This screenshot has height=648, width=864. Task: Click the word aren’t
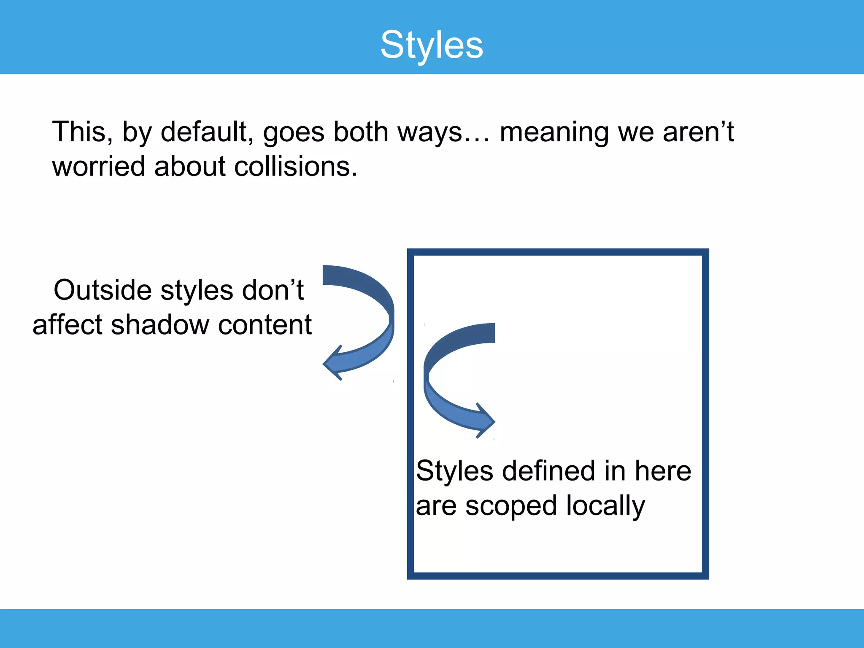click(698, 132)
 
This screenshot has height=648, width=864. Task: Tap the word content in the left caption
click(265, 325)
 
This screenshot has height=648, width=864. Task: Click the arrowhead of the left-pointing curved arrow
click(333, 363)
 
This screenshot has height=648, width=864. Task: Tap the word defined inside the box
click(548, 471)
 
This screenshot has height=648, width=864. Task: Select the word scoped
click(511, 506)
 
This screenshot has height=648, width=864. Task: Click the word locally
click(605, 506)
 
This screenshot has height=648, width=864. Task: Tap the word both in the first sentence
click(361, 132)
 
